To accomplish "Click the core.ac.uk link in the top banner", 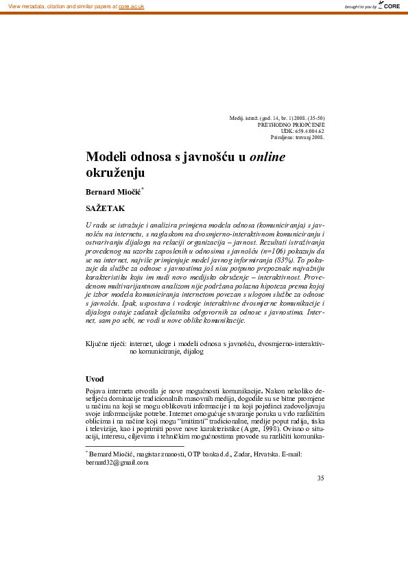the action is (132, 6).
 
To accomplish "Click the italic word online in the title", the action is (267, 157).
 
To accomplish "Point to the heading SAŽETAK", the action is (105, 206).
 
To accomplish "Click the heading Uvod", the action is (95, 379).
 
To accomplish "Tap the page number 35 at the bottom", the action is (320, 478).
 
